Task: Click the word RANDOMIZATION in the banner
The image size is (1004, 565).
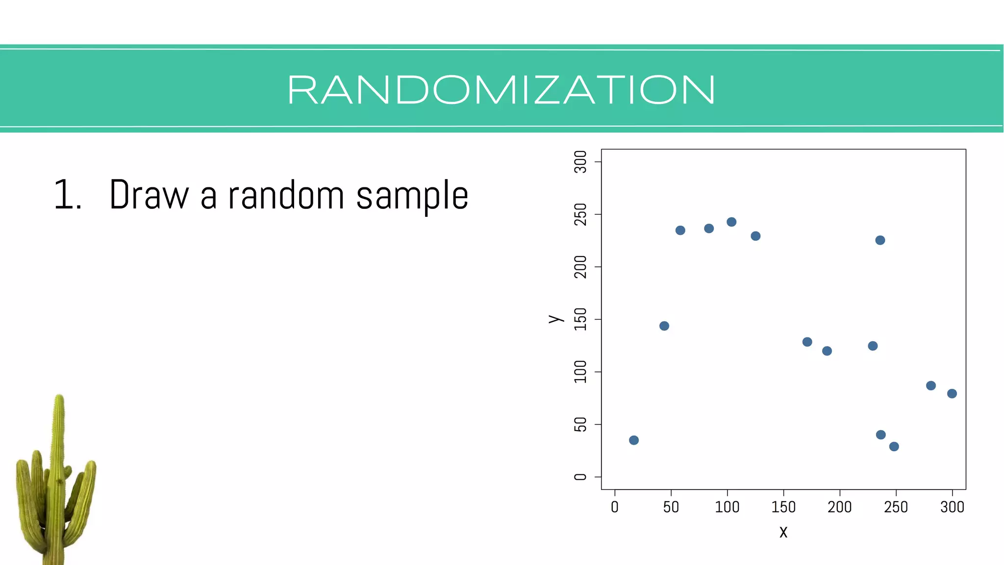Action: click(501, 90)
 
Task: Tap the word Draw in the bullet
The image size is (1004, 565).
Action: click(149, 195)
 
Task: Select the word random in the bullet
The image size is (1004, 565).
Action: click(286, 195)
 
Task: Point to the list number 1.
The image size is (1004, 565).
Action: click(67, 195)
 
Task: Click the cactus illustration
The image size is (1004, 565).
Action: click(55, 486)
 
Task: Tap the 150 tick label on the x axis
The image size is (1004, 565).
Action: click(783, 507)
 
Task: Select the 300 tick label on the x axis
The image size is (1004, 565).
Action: click(952, 507)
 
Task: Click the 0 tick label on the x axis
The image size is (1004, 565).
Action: click(615, 507)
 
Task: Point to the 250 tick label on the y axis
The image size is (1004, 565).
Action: click(580, 214)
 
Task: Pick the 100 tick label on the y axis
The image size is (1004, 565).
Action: click(580, 372)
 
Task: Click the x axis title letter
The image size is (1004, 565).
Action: click(783, 532)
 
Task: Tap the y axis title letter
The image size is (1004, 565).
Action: click(555, 319)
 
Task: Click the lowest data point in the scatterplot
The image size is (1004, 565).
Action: click(894, 446)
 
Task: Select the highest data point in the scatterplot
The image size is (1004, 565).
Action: click(731, 222)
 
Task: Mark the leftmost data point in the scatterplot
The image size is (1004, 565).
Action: click(634, 440)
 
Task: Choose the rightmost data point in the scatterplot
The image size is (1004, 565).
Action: click(952, 393)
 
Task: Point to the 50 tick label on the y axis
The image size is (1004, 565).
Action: click(580, 424)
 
